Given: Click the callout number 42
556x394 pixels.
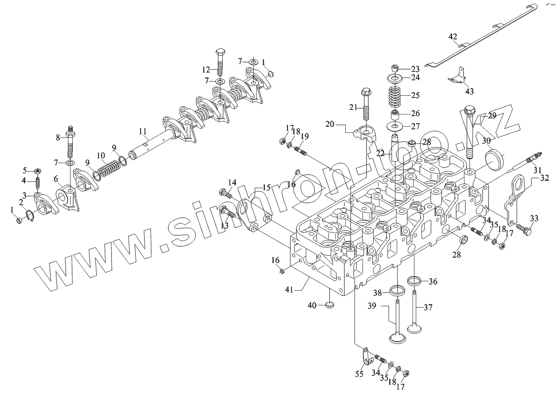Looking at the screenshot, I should [453, 37].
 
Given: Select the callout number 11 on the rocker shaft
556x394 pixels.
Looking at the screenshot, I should [142, 132].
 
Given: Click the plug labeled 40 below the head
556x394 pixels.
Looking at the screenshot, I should [329, 304].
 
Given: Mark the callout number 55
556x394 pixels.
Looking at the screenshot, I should [359, 374].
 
